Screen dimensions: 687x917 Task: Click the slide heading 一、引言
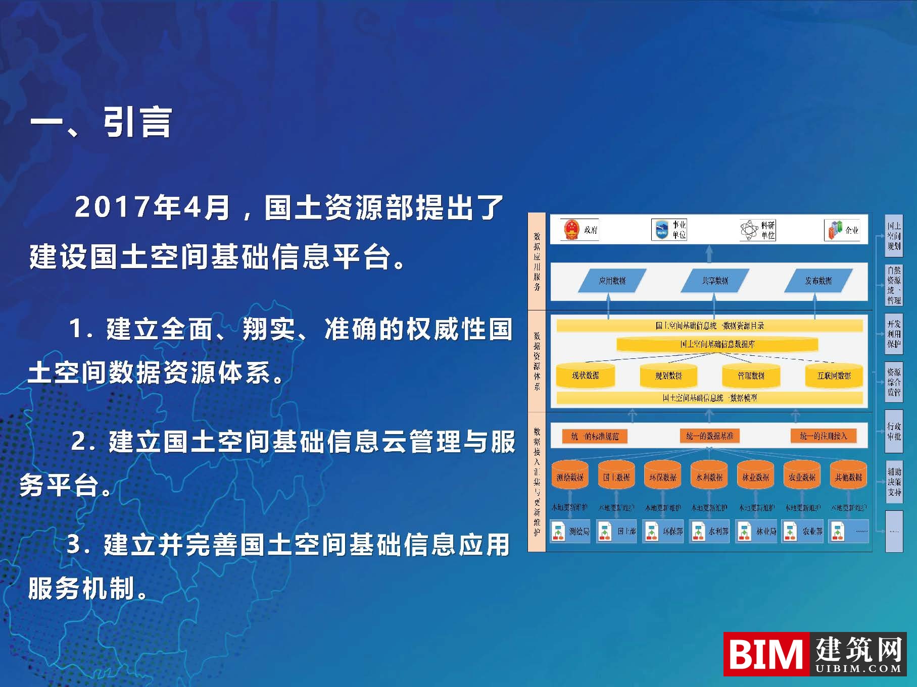click(x=101, y=123)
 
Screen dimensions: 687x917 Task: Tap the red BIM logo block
click(x=765, y=654)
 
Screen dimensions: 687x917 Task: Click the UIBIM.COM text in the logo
click(x=858, y=669)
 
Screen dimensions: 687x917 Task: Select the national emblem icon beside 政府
click(x=571, y=230)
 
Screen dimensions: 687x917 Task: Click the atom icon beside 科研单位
click(x=749, y=230)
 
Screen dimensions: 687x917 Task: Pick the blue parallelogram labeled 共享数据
click(x=714, y=281)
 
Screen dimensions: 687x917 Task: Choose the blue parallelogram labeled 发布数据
click(x=818, y=281)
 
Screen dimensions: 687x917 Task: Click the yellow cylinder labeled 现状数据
click(x=585, y=376)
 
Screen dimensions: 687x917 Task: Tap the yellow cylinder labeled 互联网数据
click(x=834, y=376)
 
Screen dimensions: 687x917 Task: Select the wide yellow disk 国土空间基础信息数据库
click(x=717, y=344)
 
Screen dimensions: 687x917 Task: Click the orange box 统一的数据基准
click(x=709, y=436)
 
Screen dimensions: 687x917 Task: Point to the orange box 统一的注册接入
click(x=823, y=436)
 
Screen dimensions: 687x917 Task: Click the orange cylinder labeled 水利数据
click(x=709, y=477)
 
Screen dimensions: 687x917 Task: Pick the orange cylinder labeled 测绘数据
click(x=570, y=477)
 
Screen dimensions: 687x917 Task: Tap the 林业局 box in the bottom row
click(x=756, y=532)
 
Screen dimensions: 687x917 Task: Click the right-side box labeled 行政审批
click(x=894, y=432)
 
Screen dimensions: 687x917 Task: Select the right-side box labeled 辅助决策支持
click(x=894, y=482)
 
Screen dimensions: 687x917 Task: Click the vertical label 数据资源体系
click(x=537, y=360)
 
